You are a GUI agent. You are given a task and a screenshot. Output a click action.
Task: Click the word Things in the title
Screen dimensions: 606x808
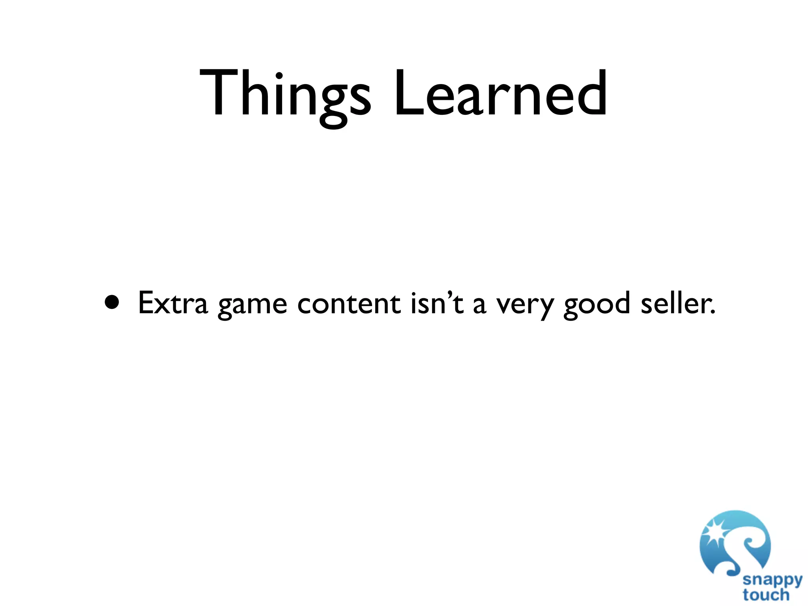285,95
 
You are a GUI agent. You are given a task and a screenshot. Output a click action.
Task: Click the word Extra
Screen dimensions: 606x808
172,303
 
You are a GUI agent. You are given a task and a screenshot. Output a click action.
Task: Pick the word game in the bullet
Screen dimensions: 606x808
252,305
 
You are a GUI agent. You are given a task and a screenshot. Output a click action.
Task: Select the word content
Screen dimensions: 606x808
349,303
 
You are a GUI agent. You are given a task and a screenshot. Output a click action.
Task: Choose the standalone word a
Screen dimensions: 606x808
479,305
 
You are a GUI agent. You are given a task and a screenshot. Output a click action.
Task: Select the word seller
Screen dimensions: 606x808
675,303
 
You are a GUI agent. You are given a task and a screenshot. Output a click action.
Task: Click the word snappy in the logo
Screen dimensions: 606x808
772,580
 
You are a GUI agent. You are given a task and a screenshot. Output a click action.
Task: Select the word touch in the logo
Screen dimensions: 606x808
766,595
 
